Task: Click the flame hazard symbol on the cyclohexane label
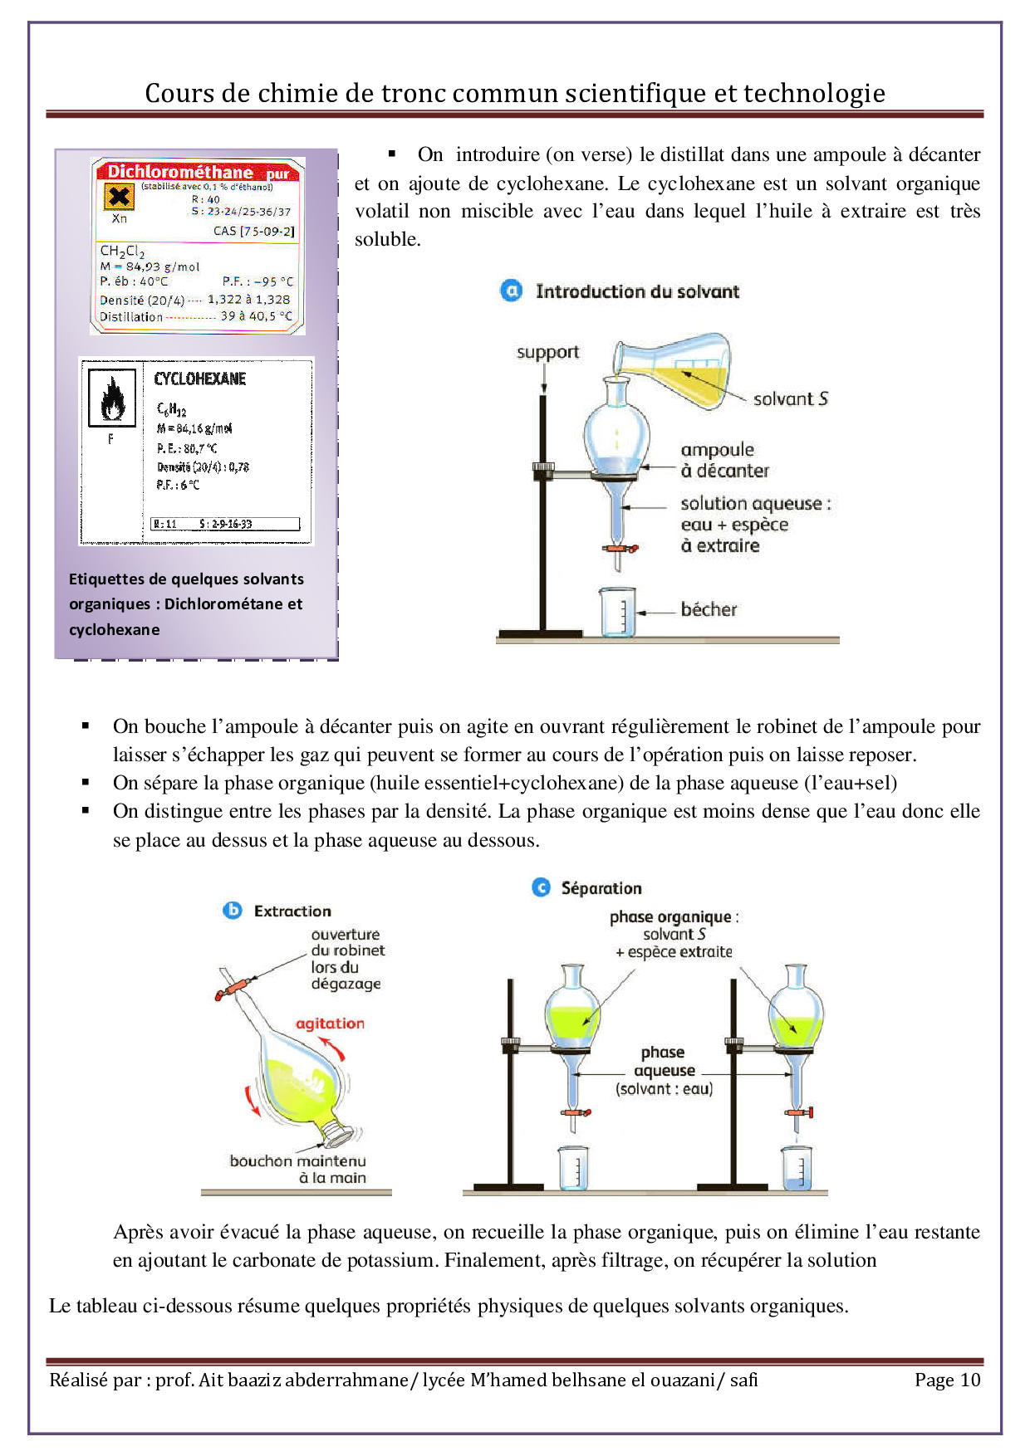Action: [x=112, y=398]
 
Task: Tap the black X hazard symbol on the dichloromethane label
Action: [x=120, y=197]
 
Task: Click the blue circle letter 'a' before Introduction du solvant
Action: [x=512, y=291]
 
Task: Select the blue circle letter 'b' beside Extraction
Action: [x=233, y=911]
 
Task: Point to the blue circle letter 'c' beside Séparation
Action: [x=541, y=887]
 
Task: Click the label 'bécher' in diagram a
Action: [x=709, y=609]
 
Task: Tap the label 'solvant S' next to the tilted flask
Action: [x=790, y=398]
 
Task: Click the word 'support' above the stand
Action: [x=547, y=352]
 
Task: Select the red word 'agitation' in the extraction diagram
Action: [x=330, y=1024]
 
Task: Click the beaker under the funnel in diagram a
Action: [x=618, y=613]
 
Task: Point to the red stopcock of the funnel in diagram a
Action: [x=620, y=549]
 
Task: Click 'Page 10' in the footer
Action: [x=947, y=1380]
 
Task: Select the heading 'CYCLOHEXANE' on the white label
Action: [x=200, y=379]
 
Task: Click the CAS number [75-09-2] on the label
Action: [x=253, y=231]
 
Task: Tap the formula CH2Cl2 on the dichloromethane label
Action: [x=122, y=251]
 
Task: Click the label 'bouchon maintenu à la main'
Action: [x=297, y=1169]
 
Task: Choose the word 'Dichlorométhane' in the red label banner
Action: [x=179, y=172]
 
